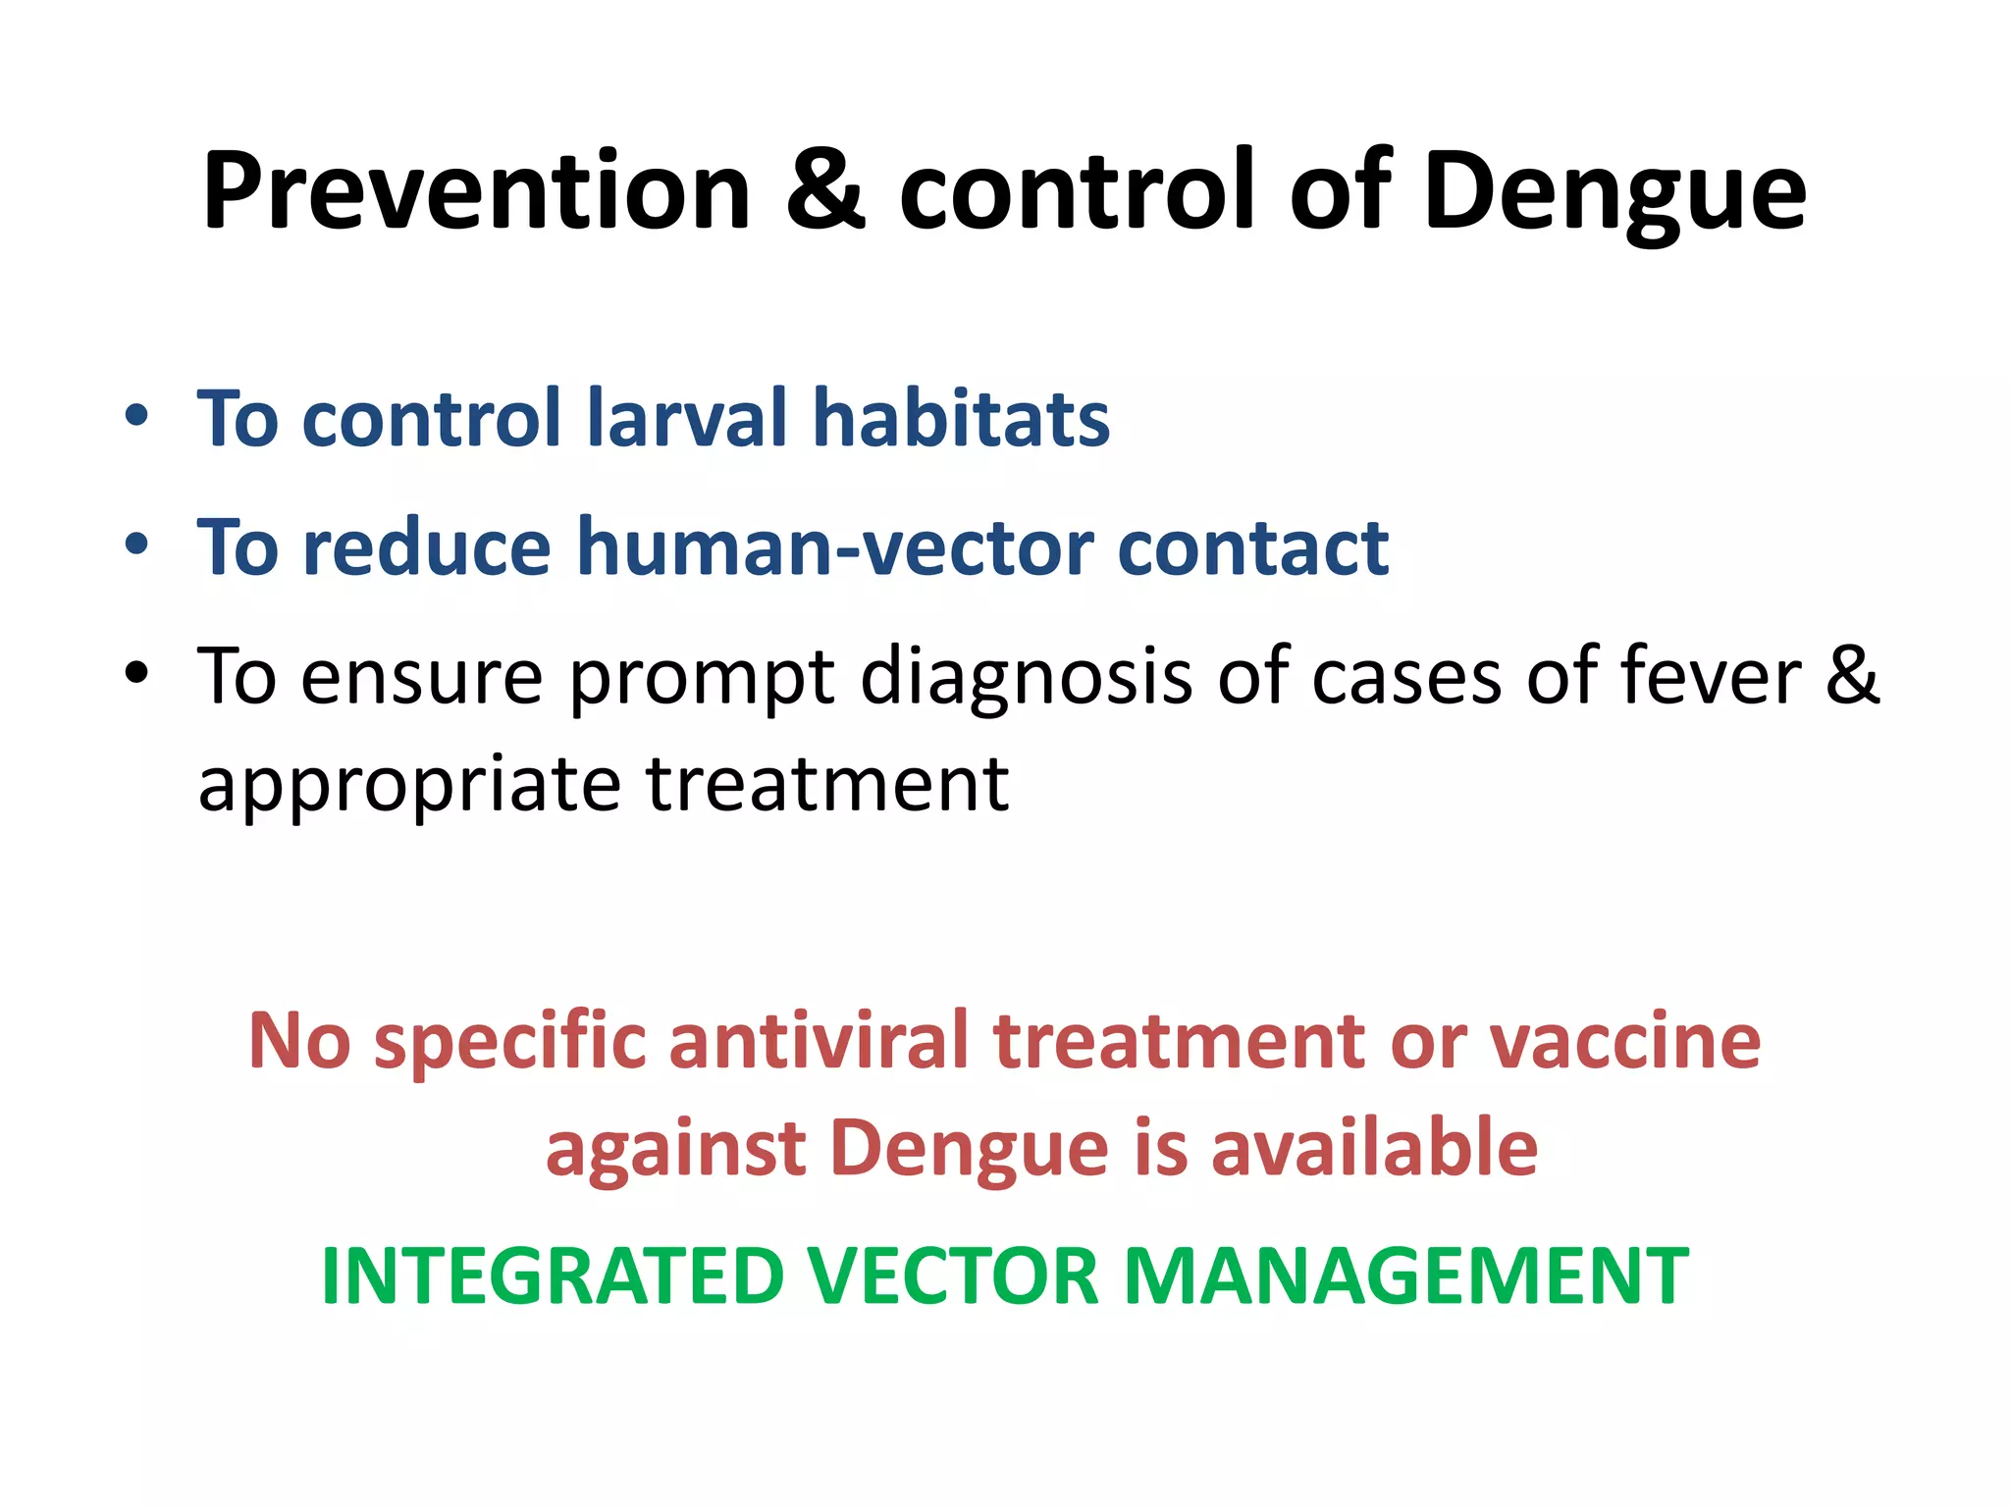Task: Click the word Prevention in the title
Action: (477, 192)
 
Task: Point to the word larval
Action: (686, 419)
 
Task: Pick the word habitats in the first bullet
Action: (961, 419)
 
